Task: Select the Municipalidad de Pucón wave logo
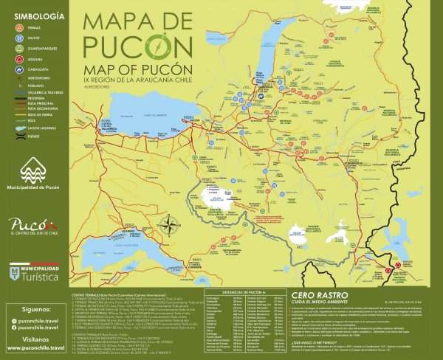[33, 171]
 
